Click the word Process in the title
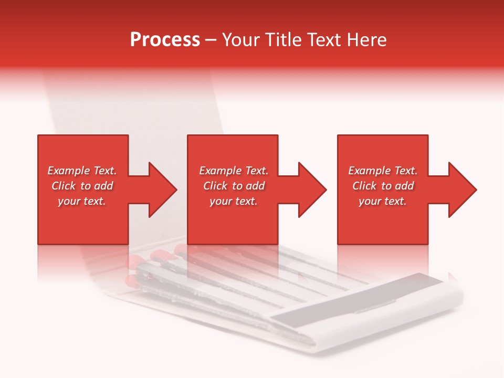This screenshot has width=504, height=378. click(165, 40)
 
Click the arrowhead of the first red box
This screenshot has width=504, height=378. click(161, 190)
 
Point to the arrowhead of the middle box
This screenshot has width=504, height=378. click(311, 190)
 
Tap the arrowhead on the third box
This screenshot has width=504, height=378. click(461, 190)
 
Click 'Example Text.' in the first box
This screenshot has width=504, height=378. click(82, 171)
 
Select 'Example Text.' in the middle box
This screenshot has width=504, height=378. click(233, 171)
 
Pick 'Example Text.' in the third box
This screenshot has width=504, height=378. click(383, 171)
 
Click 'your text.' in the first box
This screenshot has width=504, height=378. click(82, 201)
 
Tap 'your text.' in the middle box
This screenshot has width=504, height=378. click(233, 201)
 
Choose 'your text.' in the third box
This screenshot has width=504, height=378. click(383, 201)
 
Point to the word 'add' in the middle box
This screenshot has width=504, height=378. click(255, 186)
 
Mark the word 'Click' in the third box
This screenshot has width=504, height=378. click(365, 186)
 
